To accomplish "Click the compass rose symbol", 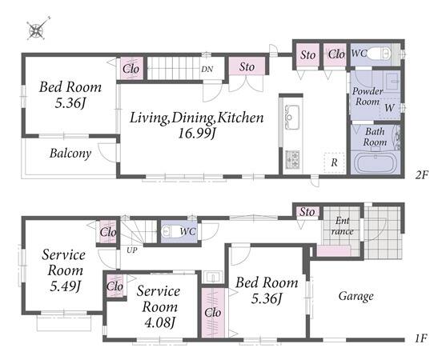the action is pos(37,29).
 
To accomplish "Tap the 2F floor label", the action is pos(422,175).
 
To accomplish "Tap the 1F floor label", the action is pos(421,338).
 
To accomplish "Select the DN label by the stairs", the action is pos(207,69).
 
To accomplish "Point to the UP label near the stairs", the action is pos(131,250).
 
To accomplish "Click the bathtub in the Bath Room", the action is pos(376,163).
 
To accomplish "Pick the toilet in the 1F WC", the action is pos(170,231).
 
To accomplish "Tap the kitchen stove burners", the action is pos(293,160).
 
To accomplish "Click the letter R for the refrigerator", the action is pos(335,162).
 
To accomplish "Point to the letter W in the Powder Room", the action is pos(390,107).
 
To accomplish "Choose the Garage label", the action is pos(356,296).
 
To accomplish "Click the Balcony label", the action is pos(70,154).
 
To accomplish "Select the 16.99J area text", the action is pos(197,133).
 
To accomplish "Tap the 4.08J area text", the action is pos(159,322).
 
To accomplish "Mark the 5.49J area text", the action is pos(65,286).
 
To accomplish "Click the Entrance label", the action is pos(343,226).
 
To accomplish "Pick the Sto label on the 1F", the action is pos(307,212).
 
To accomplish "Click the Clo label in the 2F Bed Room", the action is pos(131,69).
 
